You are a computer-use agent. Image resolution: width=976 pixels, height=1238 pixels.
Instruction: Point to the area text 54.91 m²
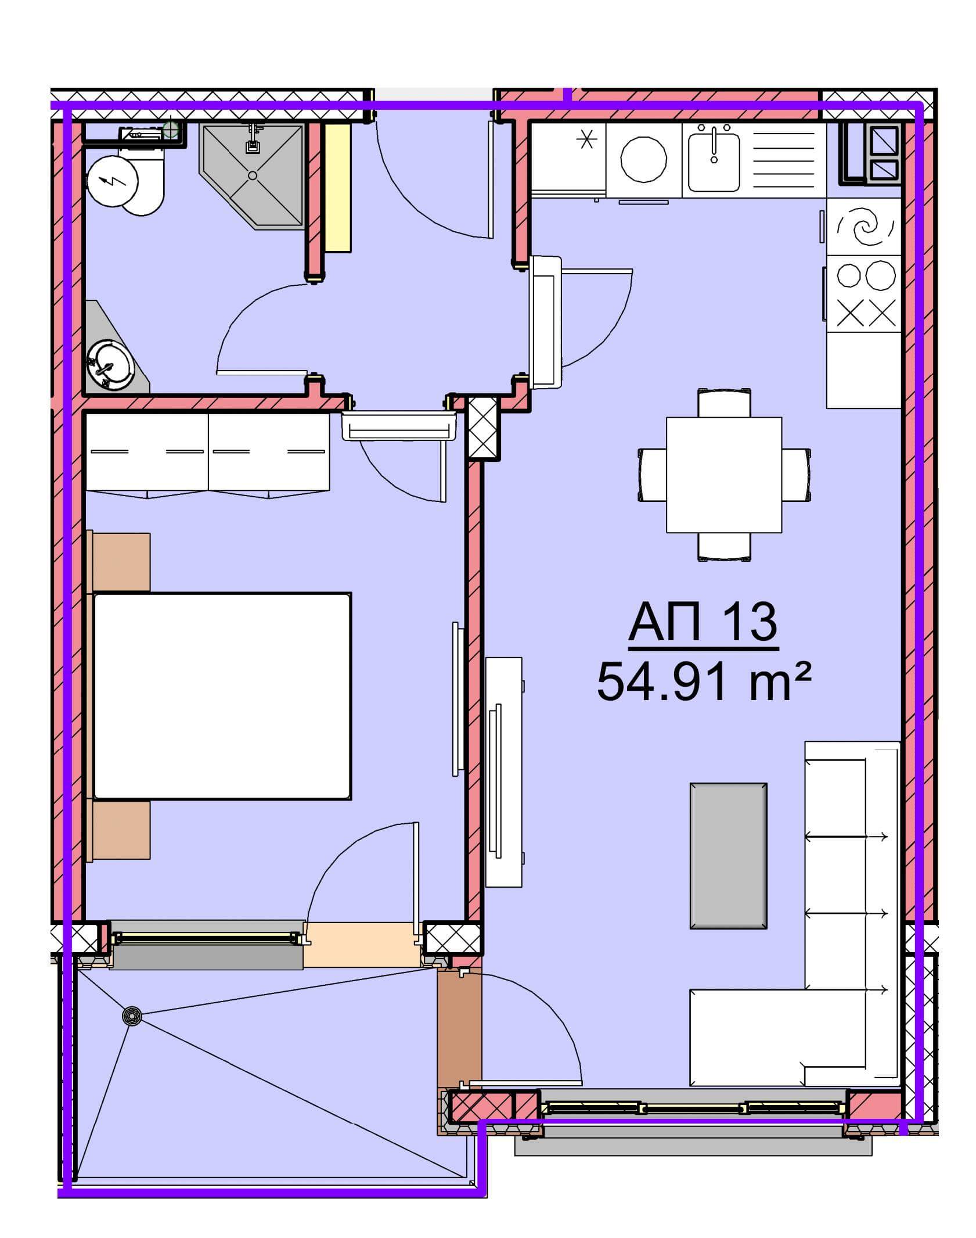(703, 683)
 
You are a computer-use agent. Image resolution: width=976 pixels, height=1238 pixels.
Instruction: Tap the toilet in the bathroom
(127, 180)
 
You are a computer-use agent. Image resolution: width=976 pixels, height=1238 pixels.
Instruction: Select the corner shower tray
(253, 175)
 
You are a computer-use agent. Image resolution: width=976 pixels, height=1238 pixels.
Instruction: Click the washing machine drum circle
(644, 159)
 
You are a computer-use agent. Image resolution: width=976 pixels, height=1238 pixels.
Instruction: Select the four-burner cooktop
(863, 294)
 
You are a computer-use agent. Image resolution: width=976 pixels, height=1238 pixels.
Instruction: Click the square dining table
(724, 475)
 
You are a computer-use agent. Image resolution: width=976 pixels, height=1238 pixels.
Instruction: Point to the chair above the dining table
(724, 403)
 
